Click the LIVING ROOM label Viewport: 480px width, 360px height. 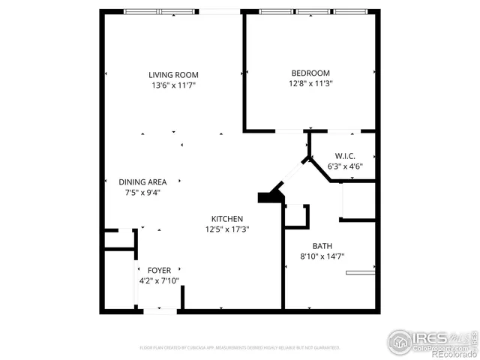[x=173, y=74]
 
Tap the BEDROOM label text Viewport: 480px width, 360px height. [x=310, y=73]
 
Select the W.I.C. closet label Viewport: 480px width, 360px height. [x=345, y=156]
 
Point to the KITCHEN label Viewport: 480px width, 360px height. [x=226, y=219]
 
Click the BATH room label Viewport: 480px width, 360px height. [x=322, y=246]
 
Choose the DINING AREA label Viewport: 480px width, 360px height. [x=142, y=181]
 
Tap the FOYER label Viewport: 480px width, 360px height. [x=159, y=270]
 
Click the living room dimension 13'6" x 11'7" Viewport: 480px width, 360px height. [x=173, y=85]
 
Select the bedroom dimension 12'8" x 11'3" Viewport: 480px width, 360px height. [x=310, y=83]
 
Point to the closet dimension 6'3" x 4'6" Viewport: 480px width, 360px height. [x=345, y=166]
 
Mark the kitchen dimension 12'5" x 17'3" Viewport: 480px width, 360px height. [x=226, y=229]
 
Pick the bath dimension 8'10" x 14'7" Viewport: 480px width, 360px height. [x=322, y=256]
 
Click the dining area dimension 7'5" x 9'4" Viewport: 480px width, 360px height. [x=142, y=192]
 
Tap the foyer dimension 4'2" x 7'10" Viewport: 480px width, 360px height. [x=159, y=280]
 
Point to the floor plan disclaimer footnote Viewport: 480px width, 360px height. [x=240, y=348]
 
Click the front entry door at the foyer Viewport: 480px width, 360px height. [x=158, y=310]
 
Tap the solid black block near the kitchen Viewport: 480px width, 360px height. [x=268, y=196]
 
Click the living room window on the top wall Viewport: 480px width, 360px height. [x=158, y=12]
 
